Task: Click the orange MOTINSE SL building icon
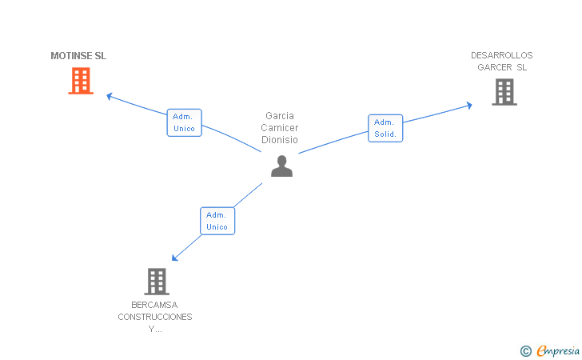click(81, 81)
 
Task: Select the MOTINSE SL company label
click(78, 56)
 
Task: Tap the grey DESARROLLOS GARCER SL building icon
click(504, 92)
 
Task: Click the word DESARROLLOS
click(501, 55)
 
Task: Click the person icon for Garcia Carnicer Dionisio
click(281, 166)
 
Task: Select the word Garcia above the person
click(280, 115)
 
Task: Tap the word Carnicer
click(280, 127)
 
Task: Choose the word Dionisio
click(280, 139)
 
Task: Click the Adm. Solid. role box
click(385, 128)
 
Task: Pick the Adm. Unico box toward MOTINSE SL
click(184, 122)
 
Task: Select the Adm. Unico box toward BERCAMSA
click(217, 221)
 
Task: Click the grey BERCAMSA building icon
click(157, 281)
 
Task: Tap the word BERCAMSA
click(154, 305)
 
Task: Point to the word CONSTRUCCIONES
click(155, 317)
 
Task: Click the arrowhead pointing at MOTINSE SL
click(110, 96)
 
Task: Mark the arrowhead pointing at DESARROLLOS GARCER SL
click(468, 105)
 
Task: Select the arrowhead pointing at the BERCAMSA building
click(175, 258)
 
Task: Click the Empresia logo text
click(558, 350)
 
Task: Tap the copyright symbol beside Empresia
click(526, 350)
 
